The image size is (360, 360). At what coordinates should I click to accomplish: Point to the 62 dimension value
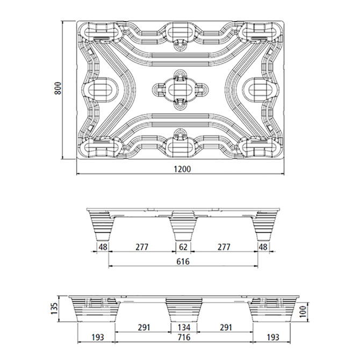(183, 247)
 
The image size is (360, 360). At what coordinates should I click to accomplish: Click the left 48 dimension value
(102, 247)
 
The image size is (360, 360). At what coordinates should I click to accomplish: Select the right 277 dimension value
(224, 247)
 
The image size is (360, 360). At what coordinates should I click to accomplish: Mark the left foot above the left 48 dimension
(102, 226)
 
